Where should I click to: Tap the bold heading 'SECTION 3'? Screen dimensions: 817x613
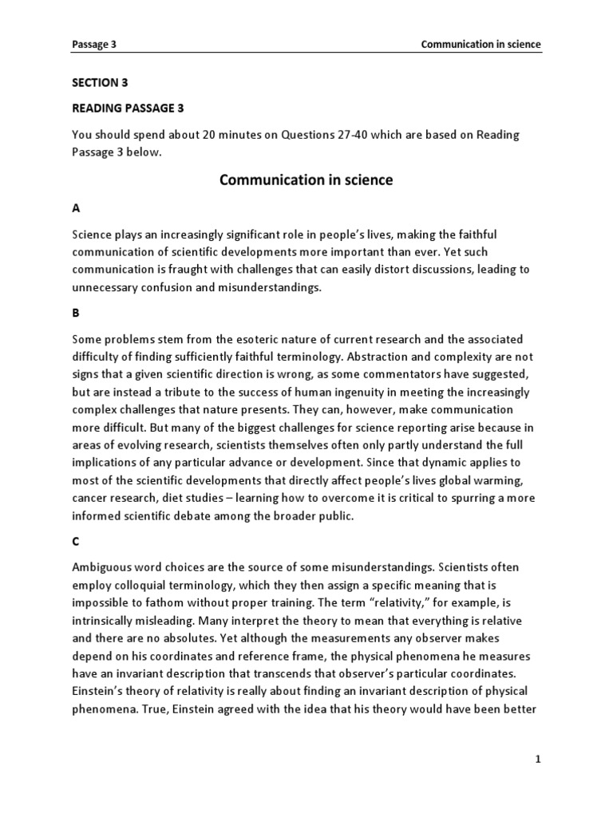tap(100, 82)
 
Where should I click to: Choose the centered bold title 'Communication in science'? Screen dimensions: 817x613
tap(306, 180)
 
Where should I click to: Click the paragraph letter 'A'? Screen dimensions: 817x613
tap(76, 207)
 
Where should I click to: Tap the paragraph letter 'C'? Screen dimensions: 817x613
tap(76, 541)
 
